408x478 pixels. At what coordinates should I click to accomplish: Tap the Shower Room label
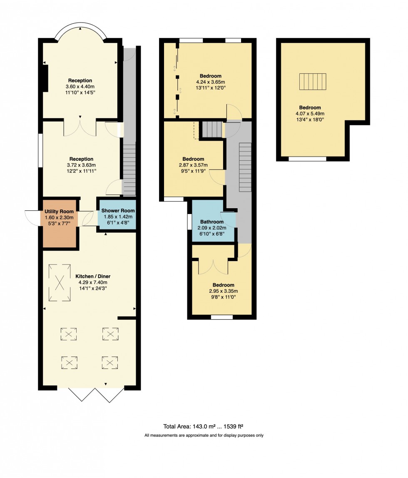point(117,211)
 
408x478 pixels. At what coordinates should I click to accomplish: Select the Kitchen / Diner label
point(93,276)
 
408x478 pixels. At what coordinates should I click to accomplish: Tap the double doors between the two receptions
point(80,127)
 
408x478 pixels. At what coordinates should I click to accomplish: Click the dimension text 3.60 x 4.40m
point(80,87)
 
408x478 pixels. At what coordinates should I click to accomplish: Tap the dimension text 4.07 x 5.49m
point(310,113)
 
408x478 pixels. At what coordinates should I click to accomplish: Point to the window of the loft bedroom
point(307,159)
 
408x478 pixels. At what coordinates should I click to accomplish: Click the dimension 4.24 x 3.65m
point(210,82)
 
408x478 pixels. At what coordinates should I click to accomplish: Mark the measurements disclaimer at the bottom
point(204,436)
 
